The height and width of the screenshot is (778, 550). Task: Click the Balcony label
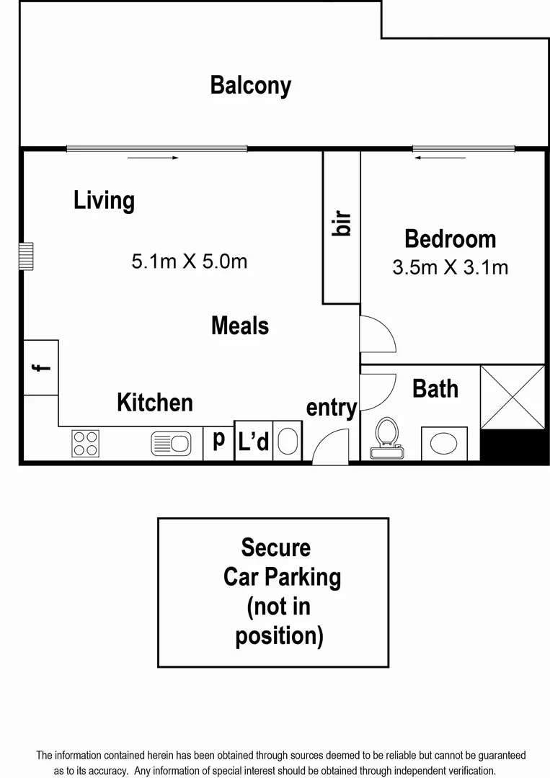click(250, 85)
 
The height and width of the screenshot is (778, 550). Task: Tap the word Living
click(104, 200)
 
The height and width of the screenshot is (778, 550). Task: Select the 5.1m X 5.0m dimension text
click(189, 261)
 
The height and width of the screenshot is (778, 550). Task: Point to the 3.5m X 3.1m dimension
click(450, 267)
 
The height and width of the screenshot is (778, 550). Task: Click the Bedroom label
click(450, 238)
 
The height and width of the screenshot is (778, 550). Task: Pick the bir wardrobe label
click(342, 224)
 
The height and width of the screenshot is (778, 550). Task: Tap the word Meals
click(239, 326)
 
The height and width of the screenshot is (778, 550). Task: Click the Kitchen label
click(155, 402)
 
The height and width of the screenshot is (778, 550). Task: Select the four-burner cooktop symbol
click(85, 443)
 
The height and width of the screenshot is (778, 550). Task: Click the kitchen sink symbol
click(171, 443)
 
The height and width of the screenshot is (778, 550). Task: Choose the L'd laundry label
click(253, 442)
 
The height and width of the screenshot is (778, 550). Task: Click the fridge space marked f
click(40, 367)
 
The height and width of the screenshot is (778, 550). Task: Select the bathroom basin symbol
click(444, 443)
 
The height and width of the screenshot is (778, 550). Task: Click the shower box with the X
click(512, 397)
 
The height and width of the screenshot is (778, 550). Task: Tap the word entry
click(331, 408)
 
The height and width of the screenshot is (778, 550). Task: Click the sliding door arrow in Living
click(153, 158)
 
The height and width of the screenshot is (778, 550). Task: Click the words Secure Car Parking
click(277, 563)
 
